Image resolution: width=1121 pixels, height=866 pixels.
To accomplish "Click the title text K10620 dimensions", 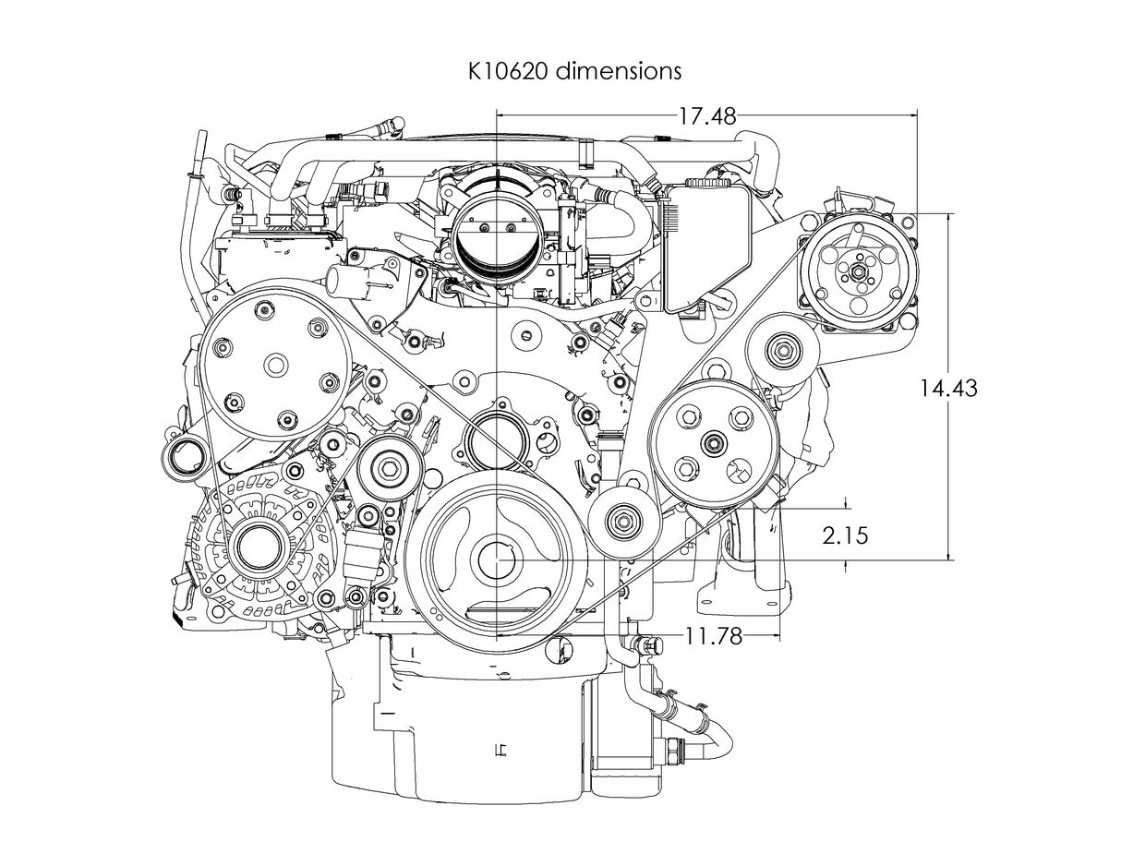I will [x=573, y=70].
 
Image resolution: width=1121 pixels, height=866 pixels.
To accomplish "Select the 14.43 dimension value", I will [x=947, y=388].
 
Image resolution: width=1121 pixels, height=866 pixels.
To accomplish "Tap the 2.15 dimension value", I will [x=845, y=535].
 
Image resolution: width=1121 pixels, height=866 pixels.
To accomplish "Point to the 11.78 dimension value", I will [x=713, y=636].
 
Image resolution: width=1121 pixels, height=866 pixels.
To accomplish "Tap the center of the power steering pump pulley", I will [x=712, y=443].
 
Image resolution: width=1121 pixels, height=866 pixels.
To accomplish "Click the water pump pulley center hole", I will [x=275, y=365].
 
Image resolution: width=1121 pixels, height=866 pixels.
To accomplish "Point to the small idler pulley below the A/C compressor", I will [x=784, y=350].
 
